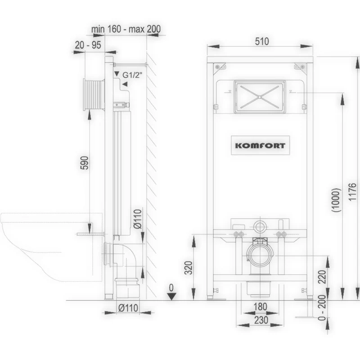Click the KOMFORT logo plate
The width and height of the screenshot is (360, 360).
click(260, 145)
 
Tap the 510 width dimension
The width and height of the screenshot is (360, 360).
click(262, 41)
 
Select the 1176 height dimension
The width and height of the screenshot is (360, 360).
click(353, 192)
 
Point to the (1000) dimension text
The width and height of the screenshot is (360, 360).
click(337, 200)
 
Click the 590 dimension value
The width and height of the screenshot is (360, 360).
click(85, 163)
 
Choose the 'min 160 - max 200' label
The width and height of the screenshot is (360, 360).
click(126, 29)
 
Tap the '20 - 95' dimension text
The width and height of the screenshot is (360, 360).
click(88, 45)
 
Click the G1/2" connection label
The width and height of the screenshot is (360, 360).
click(132, 75)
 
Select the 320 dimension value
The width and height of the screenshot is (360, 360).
click(189, 268)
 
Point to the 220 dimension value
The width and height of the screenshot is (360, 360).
click(322, 277)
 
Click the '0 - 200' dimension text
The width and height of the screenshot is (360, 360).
click(323, 308)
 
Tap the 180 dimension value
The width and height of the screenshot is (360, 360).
click(261, 306)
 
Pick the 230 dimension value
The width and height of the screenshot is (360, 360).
click(261, 320)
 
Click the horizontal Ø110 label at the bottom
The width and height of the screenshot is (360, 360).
click(128, 308)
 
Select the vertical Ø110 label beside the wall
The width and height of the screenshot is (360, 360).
click(138, 219)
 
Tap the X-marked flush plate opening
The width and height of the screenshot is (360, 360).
click(260, 97)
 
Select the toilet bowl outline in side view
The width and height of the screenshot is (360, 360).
click(51, 247)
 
